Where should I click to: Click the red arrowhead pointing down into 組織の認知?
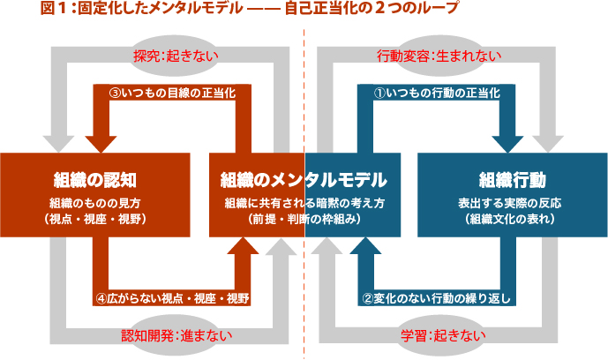(105, 140)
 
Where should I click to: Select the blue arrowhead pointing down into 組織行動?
(512, 140)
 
